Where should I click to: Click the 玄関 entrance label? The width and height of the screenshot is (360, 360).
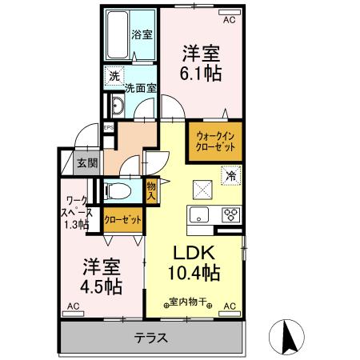coord(87,163)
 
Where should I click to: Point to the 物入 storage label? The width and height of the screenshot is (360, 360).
coord(152,191)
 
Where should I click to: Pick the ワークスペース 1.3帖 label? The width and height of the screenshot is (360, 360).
coord(78,213)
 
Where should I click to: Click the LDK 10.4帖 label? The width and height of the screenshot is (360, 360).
coord(192,263)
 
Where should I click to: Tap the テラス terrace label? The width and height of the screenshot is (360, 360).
coord(150,337)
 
